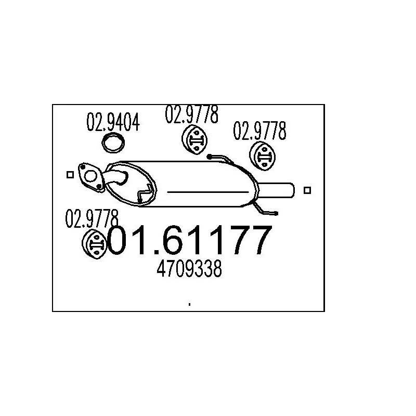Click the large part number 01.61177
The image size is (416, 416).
tap(190, 240)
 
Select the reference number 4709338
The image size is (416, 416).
tap(189, 269)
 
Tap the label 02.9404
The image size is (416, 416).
tap(113, 122)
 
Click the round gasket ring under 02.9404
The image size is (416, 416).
tap(113, 142)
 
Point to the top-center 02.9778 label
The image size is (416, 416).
tap(191, 114)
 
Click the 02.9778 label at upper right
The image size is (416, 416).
tap(259, 131)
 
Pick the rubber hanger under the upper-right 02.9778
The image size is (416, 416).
tap(263, 157)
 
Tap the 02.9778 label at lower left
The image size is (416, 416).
tap(92, 218)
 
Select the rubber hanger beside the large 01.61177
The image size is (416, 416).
tap(95, 244)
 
